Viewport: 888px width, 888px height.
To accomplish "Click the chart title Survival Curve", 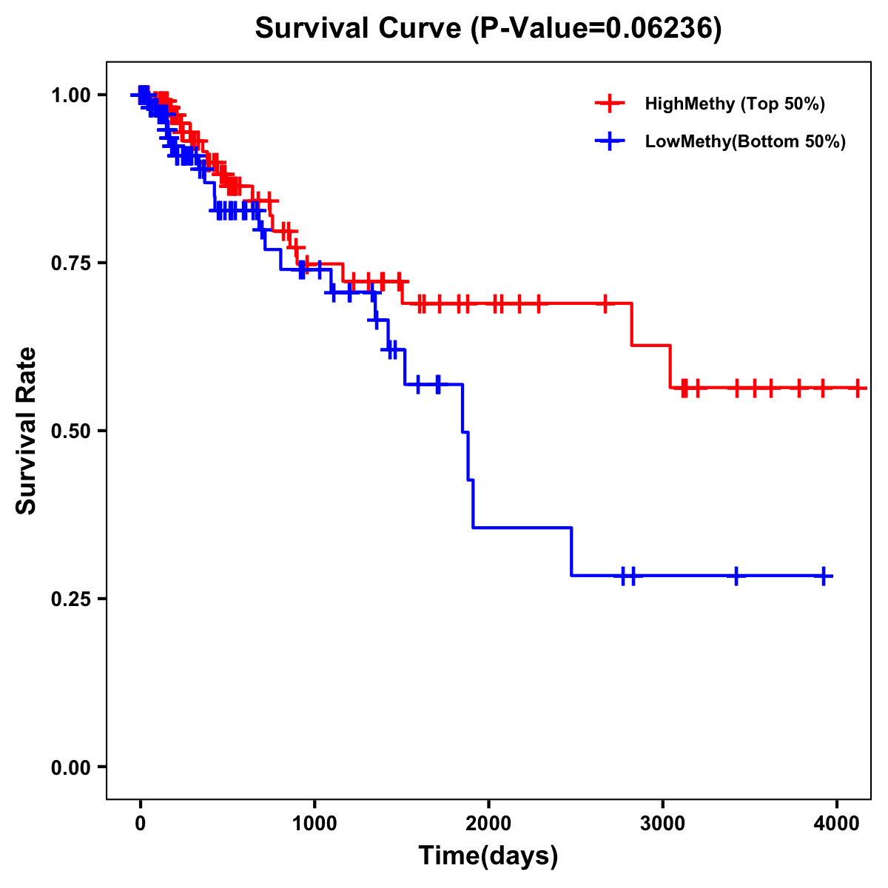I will click(x=360, y=29).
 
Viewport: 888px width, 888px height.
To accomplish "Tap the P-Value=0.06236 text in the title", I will click(x=596, y=29).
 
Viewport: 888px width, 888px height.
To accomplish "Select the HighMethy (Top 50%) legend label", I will click(x=734, y=104).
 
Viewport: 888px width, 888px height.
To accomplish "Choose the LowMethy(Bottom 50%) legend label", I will click(x=744, y=141).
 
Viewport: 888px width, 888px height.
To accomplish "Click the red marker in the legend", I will click(x=609, y=104).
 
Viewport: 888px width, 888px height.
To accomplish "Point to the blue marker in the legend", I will click(x=609, y=141).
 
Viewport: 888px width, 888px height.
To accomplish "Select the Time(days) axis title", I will click(x=488, y=856).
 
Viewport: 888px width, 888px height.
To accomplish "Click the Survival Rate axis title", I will click(x=27, y=431).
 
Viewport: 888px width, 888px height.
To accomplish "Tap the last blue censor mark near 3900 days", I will click(x=824, y=576).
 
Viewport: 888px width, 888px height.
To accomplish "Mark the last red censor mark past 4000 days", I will click(x=857, y=388).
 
